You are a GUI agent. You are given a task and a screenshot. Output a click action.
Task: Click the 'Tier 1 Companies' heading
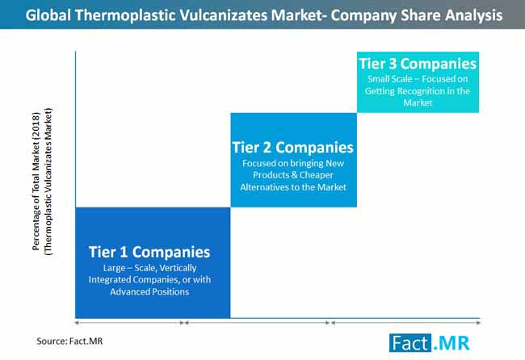149,252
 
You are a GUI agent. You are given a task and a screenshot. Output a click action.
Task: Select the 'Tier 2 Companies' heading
293,147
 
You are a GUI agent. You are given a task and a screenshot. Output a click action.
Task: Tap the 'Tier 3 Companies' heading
418,64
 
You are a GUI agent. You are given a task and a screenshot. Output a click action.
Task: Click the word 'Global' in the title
48,15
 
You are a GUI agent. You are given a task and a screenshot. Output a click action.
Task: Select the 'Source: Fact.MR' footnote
69,341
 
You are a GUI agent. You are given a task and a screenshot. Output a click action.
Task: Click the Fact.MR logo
429,343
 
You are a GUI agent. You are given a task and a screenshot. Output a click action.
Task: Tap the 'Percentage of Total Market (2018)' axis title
36,182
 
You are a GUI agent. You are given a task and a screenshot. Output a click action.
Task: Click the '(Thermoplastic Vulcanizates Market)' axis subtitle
48,182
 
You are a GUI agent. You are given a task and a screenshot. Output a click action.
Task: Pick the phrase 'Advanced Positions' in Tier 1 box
149,291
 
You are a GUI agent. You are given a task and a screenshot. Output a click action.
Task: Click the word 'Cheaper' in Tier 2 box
317,175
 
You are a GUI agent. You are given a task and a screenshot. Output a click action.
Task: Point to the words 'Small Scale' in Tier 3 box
390,79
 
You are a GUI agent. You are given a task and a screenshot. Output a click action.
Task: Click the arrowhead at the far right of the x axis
479,323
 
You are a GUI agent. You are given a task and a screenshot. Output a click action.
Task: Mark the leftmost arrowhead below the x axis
77,323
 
